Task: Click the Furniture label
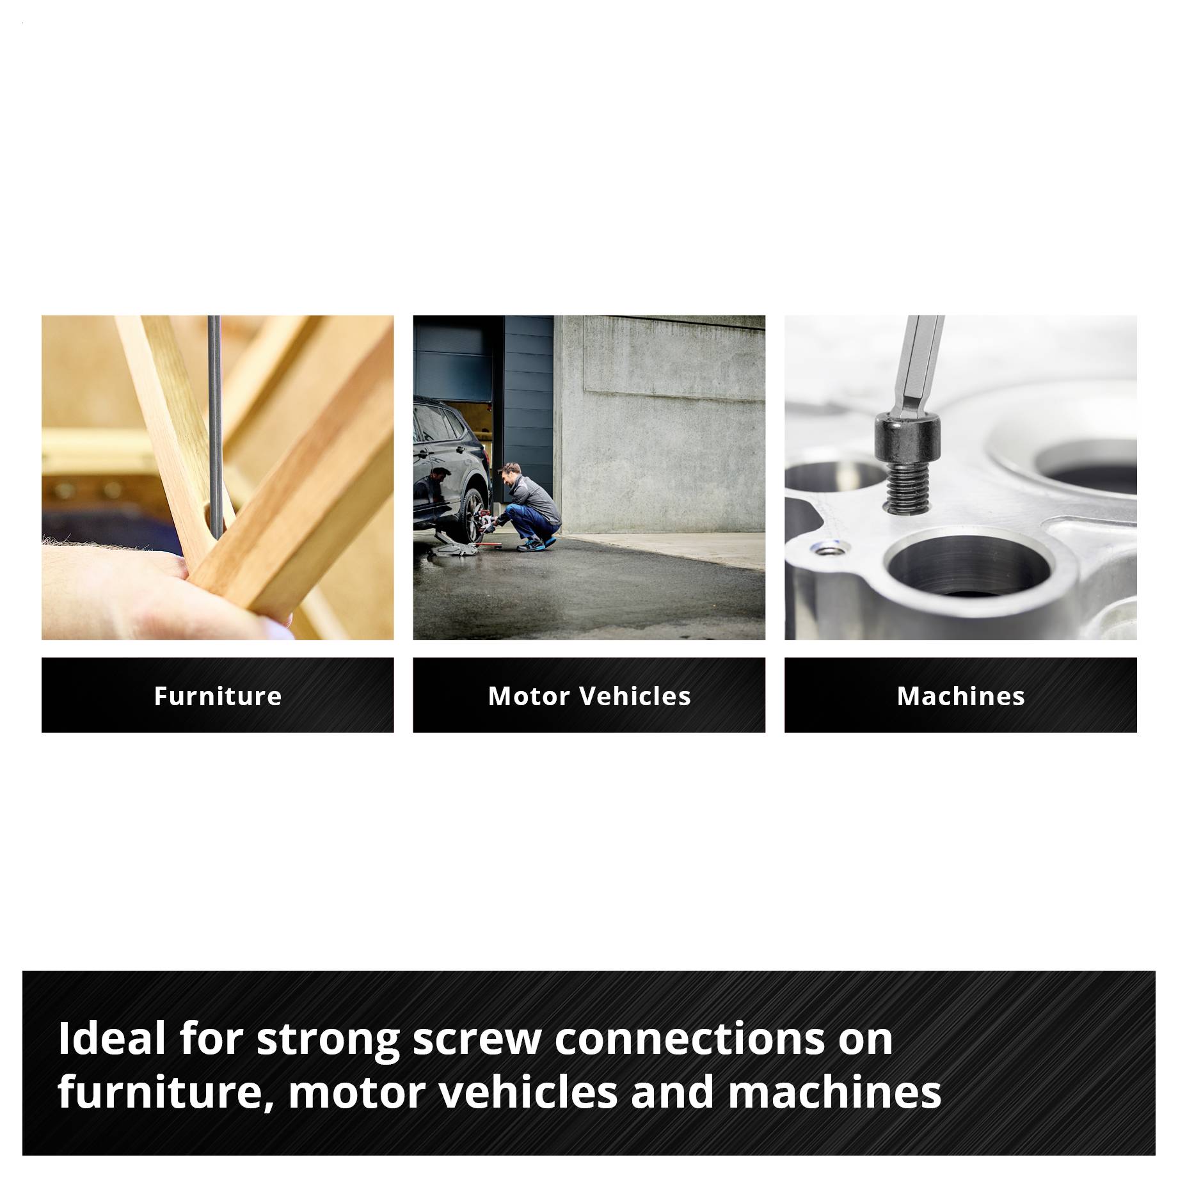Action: click(x=218, y=696)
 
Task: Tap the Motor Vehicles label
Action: click(x=589, y=696)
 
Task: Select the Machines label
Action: click(x=960, y=696)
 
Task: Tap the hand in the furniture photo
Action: click(x=160, y=589)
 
